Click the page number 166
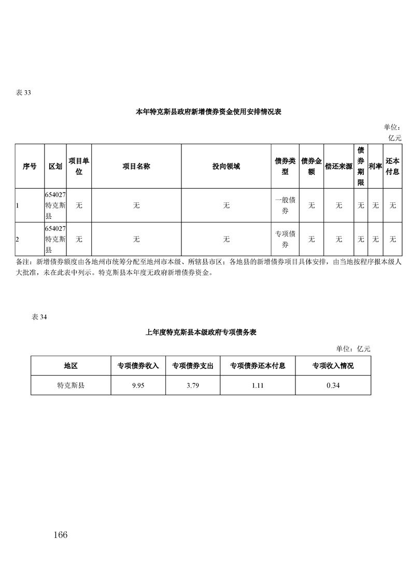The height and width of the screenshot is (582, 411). pyautogui.click(x=60, y=535)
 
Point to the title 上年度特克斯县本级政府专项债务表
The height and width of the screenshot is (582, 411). pyautogui.click(x=201, y=332)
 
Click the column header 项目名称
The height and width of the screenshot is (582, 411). pyautogui.click(x=136, y=167)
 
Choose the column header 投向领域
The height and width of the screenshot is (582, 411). pyautogui.click(x=226, y=167)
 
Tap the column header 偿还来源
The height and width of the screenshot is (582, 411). pyautogui.click(x=338, y=167)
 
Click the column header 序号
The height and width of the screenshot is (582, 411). pyautogui.click(x=30, y=167)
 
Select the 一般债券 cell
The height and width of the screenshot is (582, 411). pyautogui.click(x=285, y=205)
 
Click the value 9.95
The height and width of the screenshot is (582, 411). pyautogui.click(x=138, y=385)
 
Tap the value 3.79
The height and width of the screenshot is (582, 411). pyautogui.click(x=193, y=385)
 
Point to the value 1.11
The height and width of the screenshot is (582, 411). pyautogui.click(x=258, y=385)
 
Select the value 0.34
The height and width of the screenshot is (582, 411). pyautogui.click(x=333, y=385)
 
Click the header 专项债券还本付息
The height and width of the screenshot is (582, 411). pyautogui.click(x=258, y=366)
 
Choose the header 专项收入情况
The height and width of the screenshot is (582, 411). pyautogui.click(x=333, y=366)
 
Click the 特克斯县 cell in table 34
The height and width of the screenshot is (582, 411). pyautogui.click(x=70, y=385)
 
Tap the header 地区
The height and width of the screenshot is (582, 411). pyautogui.click(x=70, y=366)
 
